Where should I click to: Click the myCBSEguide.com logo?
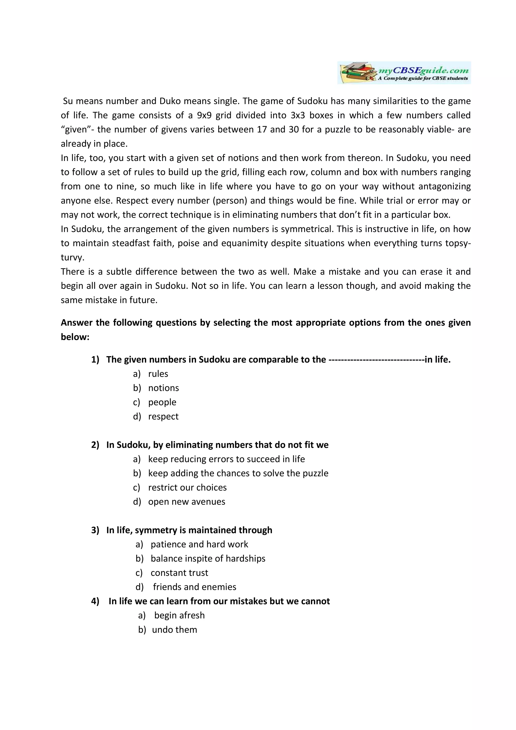click(404, 73)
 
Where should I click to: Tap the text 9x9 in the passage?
click(204, 115)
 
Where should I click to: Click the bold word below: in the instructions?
click(75, 337)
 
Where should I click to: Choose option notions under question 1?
click(164, 388)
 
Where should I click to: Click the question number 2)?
click(95, 445)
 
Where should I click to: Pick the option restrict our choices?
click(187, 487)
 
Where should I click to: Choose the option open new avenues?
click(187, 502)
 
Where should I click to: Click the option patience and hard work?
click(199, 544)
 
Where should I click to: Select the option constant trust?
click(179, 573)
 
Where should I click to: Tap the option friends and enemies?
click(195, 587)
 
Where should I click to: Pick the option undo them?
click(175, 629)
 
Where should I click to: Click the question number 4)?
click(95, 601)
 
